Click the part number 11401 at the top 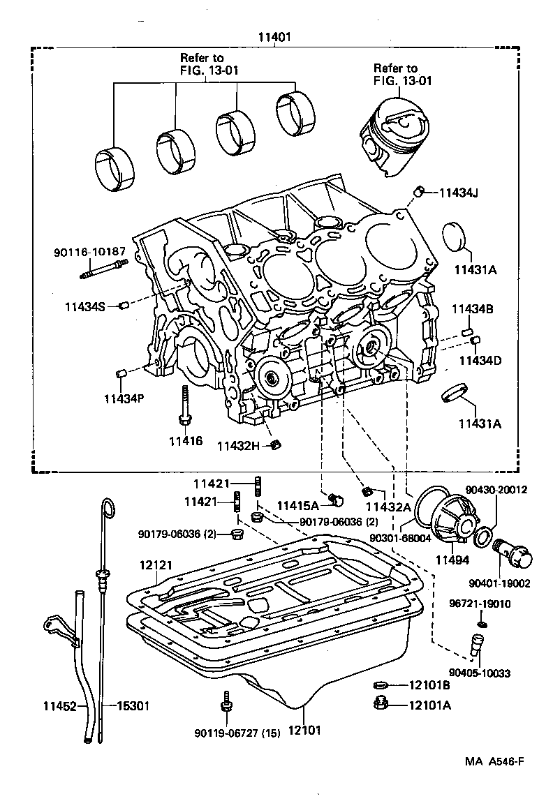(x=274, y=37)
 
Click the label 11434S (x=84, y=306)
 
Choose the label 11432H (x=237, y=445)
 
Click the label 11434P (x=124, y=398)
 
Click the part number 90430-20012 (x=498, y=491)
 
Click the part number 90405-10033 (x=479, y=673)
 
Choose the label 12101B (x=429, y=686)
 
